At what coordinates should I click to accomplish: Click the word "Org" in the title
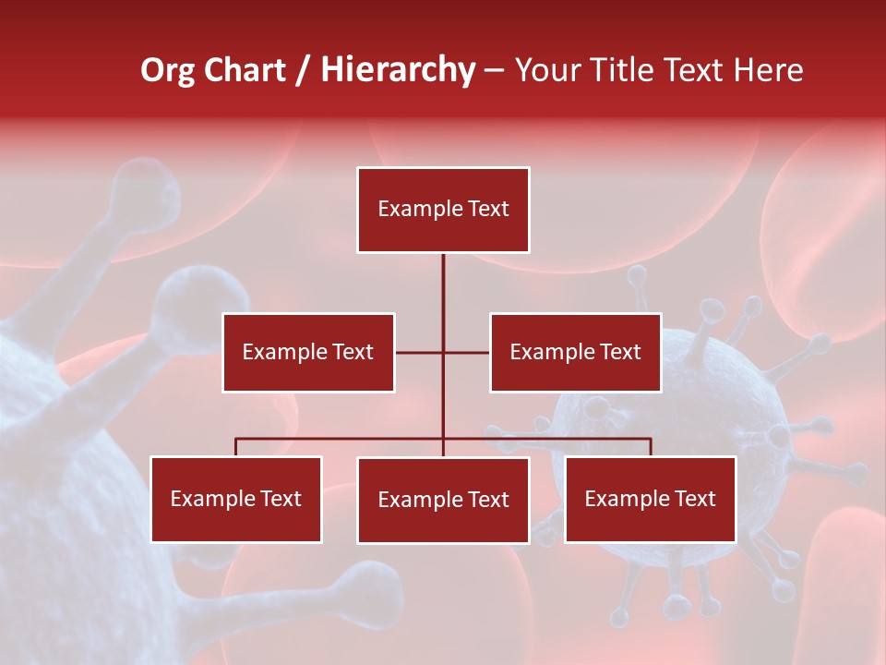pyautogui.click(x=169, y=70)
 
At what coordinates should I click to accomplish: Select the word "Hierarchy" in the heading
pyautogui.click(x=398, y=70)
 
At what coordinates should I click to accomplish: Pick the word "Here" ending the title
pyautogui.click(x=768, y=70)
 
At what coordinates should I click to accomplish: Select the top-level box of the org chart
pyautogui.click(x=443, y=210)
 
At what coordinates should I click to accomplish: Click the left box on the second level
pyautogui.click(x=308, y=352)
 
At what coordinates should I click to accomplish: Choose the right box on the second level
pyautogui.click(x=575, y=352)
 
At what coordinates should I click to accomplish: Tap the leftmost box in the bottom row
pyautogui.click(x=236, y=499)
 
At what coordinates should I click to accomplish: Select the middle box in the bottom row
pyautogui.click(x=443, y=500)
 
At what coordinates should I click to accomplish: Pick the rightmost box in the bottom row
pyautogui.click(x=651, y=499)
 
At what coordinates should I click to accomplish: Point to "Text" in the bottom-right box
pyautogui.click(x=695, y=499)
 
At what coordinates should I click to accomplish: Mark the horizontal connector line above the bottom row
pyautogui.click(x=341, y=439)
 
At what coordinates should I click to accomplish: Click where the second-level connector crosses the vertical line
pyautogui.click(x=443, y=352)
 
